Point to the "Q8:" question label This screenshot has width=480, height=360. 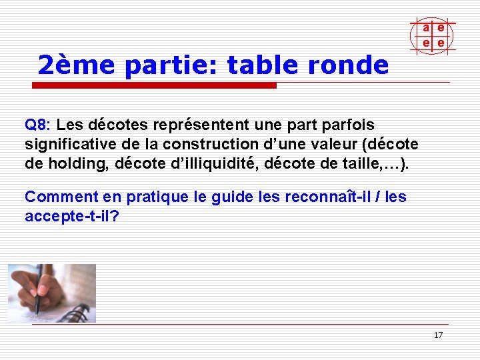[x=37, y=125]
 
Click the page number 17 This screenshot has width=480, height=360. [x=438, y=335]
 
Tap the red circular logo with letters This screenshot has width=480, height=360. [x=433, y=35]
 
